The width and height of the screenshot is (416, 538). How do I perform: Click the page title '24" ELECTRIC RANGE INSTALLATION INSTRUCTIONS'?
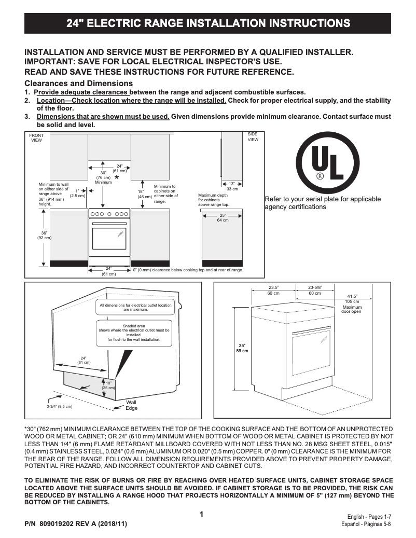pyautogui.click(x=208, y=23)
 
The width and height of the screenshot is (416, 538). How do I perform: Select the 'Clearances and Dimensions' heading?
pyautogui.click(x=79, y=84)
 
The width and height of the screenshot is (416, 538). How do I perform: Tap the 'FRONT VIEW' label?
pyautogui.click(x=36, y=137)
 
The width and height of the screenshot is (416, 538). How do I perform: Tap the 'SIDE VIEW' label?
pyautogui.click(x=253, y=137)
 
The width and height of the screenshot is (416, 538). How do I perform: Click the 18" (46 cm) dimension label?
pyautogui.click(x=144, y=194)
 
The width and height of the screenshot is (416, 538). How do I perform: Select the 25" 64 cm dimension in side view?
pyautogui.click(x=223, y=217)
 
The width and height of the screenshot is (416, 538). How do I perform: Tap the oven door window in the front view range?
pyautogui.click(x=109, y=238)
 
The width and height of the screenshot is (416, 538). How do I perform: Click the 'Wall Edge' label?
pyautogui.click(x=132, y=405)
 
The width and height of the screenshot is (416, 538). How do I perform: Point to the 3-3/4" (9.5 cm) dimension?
pyautogui.click(x=60, y=406)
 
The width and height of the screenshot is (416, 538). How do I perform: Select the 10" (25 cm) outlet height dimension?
pyautogui.click(x=108, y=385)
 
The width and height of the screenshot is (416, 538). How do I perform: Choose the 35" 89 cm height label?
pyautogui.click(x=243, y=348)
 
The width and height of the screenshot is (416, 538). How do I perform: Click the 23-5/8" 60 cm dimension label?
pyautogui.click(x=314, y=290)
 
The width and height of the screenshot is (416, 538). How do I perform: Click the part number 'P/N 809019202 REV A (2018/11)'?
pyautogui.click(x=76, y=524)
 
